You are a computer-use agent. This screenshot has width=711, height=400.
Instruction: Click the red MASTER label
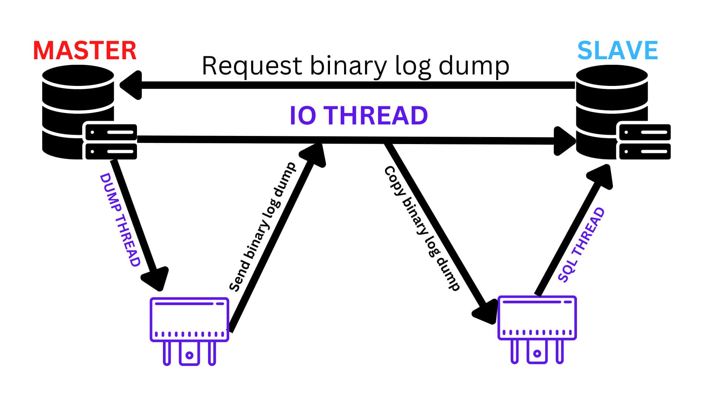pos(85,51)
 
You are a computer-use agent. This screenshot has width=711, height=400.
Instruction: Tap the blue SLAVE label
pos(617,51)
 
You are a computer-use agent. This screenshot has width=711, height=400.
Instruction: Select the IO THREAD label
pos(358,115)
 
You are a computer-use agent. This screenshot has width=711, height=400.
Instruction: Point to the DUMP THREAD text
pos(120,220)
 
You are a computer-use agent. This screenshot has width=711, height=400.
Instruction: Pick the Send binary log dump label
pos(263,227)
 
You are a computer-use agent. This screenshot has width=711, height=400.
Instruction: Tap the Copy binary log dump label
pos(422,228)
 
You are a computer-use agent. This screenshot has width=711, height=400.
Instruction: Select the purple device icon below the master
pos(189,330)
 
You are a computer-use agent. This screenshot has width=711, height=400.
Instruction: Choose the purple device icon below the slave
pos(537,328)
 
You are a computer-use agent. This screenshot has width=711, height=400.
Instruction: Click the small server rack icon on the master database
pos(111,142)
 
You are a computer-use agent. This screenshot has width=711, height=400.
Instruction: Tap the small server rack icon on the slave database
pos(645,142)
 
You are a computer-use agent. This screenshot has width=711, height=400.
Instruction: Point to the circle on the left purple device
pos(189,355)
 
